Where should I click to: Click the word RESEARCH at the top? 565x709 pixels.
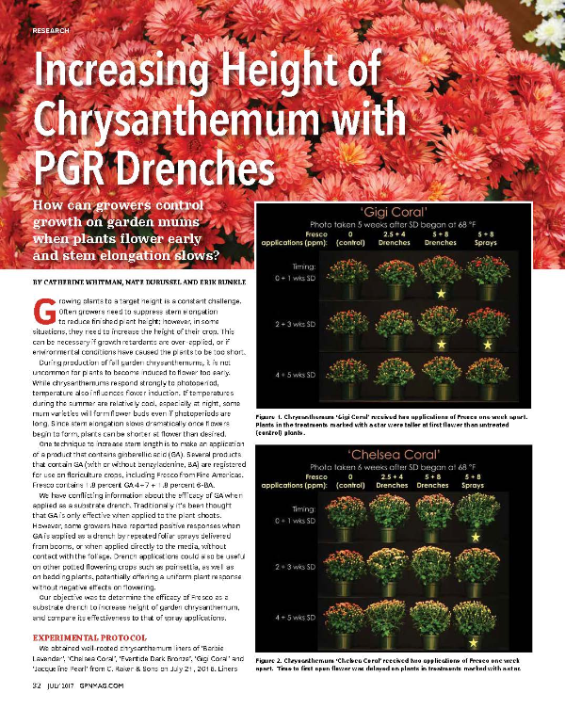click(x=51, y=31)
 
